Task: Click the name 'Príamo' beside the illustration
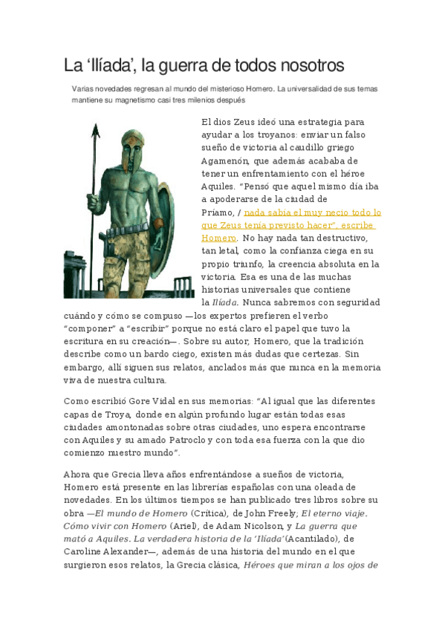218,211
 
